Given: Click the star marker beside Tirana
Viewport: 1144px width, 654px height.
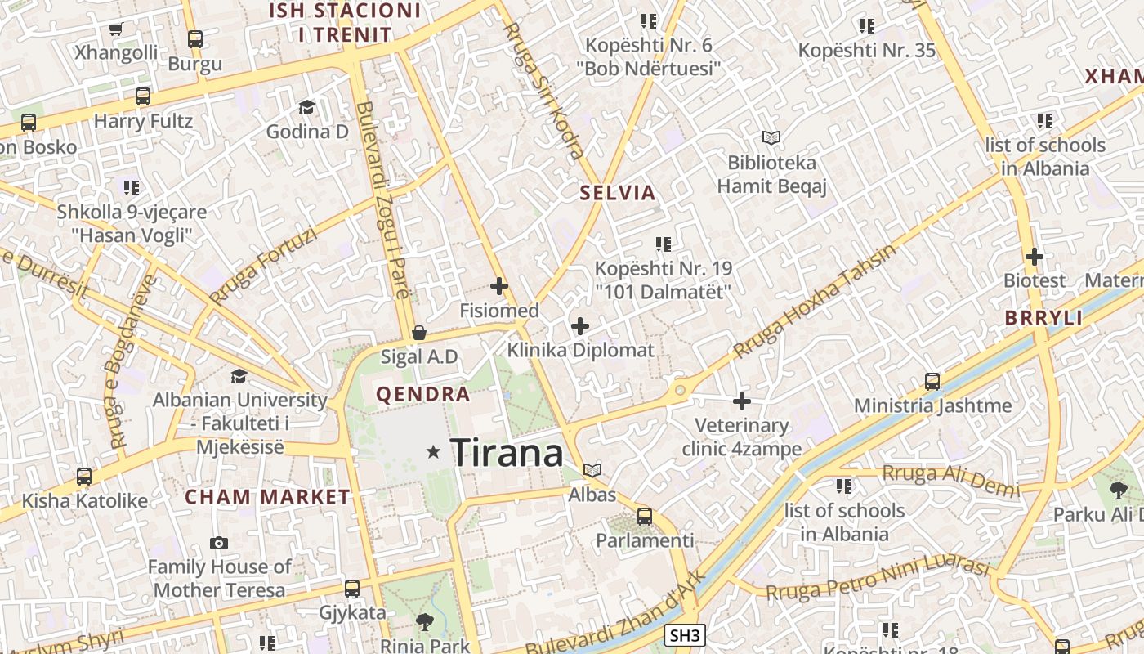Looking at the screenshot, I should tap(433, 451).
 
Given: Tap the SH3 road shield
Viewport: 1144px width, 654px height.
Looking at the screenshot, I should tap(684, 635).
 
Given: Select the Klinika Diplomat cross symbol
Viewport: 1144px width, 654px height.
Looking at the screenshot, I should tap(580, 327).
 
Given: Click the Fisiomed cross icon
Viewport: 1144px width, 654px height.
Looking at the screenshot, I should tap(498, 286).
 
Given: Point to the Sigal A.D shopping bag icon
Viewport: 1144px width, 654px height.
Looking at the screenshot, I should tap(419, 333).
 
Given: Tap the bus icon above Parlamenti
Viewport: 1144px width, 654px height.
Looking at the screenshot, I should tap(645, 517).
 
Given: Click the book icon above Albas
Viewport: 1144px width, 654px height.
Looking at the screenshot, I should tap(592, 471).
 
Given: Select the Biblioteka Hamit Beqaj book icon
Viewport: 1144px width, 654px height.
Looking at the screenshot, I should tap(771, 137).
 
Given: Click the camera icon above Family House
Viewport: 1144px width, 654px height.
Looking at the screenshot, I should tap(219, 543).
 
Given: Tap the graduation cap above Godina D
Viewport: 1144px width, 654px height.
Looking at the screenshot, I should tap(306, 107).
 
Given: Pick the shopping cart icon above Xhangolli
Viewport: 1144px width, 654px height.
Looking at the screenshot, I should tap(115, 29).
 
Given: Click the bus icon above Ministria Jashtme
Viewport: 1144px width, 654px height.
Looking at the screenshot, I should tap(932, 381).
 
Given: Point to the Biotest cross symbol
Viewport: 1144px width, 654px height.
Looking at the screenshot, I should tap(1035, 257).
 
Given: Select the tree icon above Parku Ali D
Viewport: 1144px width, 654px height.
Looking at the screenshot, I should tap(1118, 490).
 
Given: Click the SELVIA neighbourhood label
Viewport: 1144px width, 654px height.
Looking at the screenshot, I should tap(618, 193).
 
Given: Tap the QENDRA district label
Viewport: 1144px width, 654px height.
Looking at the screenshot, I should tap(422, 395).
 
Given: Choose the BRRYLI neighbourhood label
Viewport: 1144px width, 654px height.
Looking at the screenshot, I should tap(1043, 318).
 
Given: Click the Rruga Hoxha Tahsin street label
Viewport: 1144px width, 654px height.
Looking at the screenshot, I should tap(814, 302).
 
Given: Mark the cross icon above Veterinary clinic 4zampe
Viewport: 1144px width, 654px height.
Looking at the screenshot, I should tap(742, 401).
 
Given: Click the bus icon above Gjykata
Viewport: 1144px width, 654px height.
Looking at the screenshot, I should tap(352, 588).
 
